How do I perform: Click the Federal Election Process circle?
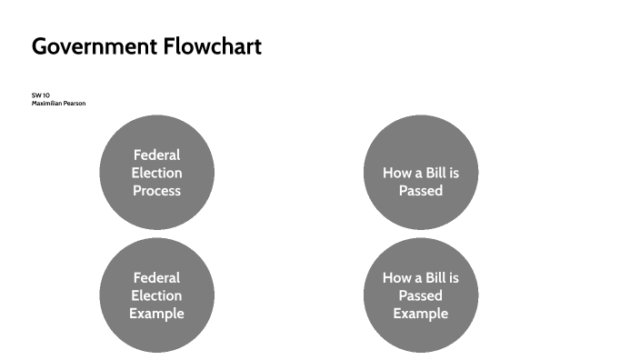(x=156, y=172)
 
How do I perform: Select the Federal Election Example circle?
(x=156, y=295)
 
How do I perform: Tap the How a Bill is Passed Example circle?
(x=420, y=295)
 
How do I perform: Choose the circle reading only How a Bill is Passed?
(x=420, y=172)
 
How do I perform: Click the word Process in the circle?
(x=156, y=191)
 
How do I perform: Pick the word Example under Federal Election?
(x=156, y=314)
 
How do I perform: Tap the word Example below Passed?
(x=420, y=314)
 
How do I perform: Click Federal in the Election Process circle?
(x=156, y=155)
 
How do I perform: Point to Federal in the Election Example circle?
(x=156, y=277)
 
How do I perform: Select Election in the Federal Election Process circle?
(x=156, y=173)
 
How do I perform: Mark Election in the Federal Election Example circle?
(x=156, y=295)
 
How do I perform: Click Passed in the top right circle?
(x=420, y=191)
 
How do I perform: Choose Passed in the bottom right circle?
(x=420, y=295)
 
